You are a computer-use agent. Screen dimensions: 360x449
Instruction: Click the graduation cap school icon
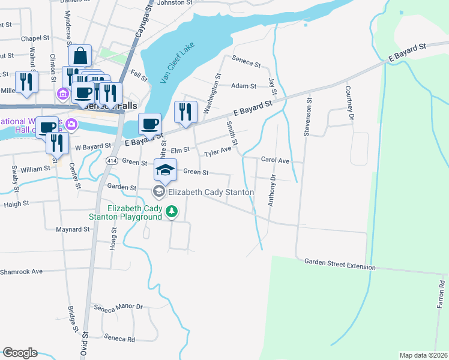click(166, 170)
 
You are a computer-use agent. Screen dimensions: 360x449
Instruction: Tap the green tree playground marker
click(172, 211)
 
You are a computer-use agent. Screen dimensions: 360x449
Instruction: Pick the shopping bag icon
click(80, 56)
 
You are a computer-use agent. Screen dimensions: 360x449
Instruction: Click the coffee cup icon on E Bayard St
click(150, 124)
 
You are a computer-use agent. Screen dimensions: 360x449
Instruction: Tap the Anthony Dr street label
click(271, 190)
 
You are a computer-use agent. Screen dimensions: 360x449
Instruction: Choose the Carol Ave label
click(275, 161)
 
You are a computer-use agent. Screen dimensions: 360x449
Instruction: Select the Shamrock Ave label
click(21, 271)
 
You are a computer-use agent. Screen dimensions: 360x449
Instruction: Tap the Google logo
click(20, 353)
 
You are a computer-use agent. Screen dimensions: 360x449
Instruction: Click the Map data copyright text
click(423, 355)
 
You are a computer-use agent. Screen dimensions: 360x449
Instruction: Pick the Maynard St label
click(73, 229)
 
